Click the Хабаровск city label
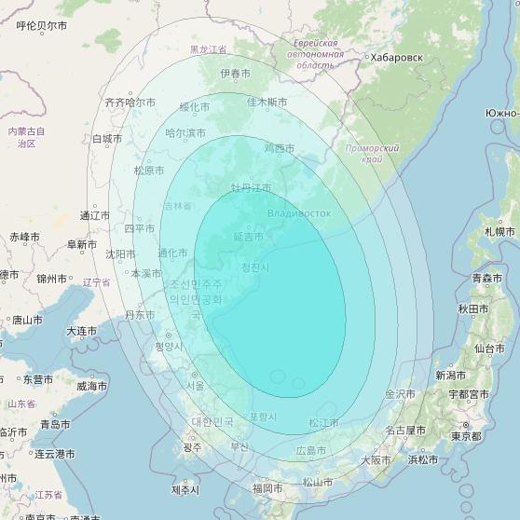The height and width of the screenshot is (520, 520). pyautogui.click(x=396, y=58)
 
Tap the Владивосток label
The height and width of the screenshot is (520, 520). pyautogui.click(x=298, y=213)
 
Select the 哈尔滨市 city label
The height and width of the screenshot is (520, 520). pyautogui.click(x=185, y=133)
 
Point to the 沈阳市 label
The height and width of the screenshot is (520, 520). pyautogui.click(x=120, y=253)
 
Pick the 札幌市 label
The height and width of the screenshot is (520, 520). pyautogui.click(x=499, y=231)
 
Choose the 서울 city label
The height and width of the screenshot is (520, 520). pyautogui.click(x=195, y=385)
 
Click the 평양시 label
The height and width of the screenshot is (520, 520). pyautogui.click(x=169, y=346)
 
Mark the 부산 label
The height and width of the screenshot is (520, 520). pyautogui.click(x=239, y=446)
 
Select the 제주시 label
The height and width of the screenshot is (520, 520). pyautogui.click(x=185, y=489)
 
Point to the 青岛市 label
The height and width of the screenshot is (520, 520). pyautogui.click(x=55, y=424)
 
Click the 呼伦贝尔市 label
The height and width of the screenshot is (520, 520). pyautogui.click(x=42, y=26)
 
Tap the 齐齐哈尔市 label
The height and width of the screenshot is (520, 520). pyautogui.click(x=130, y=103)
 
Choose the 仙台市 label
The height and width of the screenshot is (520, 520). pyautogui.click(x=490, y=349)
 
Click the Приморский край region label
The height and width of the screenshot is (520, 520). pyautogui.click(x=372, y=153)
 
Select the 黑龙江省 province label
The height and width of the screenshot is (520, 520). pyautogui.click(x=208, y=49)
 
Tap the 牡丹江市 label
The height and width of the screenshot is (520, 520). pyautogui.click(x=252, y=188)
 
